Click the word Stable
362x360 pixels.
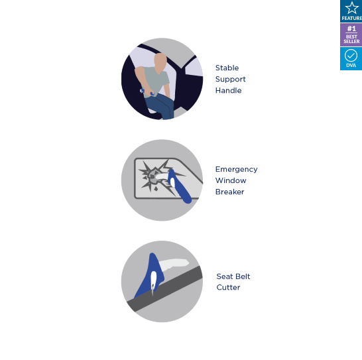click(x=227, y=68)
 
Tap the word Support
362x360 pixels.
click(x=231, y=80)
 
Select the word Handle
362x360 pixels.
click(x=228, y=91)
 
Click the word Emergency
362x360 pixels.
click(x=237, y=170)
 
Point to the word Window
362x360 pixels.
click(x=231, y=180)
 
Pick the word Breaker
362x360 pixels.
click(x=229, y=192)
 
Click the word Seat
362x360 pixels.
click(x=223, y=276)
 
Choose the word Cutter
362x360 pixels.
click(x=228, y=288)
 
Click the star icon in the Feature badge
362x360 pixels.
click(x=351, y=8)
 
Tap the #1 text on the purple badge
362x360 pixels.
click(x=351, y=29)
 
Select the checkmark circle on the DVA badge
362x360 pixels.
click(x=351, y=56)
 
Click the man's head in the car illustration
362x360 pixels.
click(x=160, y=61)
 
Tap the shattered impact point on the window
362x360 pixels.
click(x=152, y=176)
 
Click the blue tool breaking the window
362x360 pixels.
click(x=179, y=186)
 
